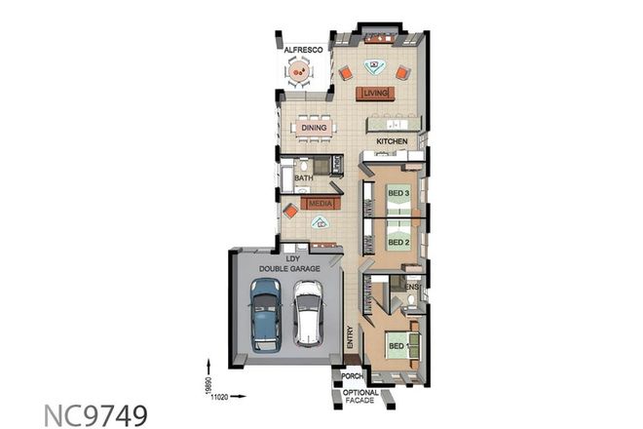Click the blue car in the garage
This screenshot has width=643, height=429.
pyautogui.click(x=264, y=314)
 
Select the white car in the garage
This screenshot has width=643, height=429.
pyautogui.click(x=308, y=314)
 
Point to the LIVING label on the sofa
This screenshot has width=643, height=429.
pyautogui.click(x=375, y=94)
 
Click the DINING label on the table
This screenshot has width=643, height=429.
pyautogui.click(x=314, y=128)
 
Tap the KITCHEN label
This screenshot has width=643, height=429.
pyautogui.click(x=391, y=141)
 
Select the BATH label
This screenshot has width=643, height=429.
pyautogui.click(x=304, y=178)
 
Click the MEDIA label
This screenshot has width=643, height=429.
pyautogui.click(x=321, y=203)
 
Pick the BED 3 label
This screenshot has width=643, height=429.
pyautogui.click(x=397, y=193)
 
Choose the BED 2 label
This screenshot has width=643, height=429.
pyautogui.click(x=397, y=241)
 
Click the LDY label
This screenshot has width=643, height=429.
pyautogui.click(x=291, y=258)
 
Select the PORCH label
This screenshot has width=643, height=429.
pyautogui.click(x=351, y=375)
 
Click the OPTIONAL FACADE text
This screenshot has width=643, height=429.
pyautogui.click(x=361, y=396)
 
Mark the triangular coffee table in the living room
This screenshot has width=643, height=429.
pyautogui.click(x=373, y=67)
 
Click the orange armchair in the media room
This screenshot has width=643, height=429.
pyautogui.click(x=290, y=211)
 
